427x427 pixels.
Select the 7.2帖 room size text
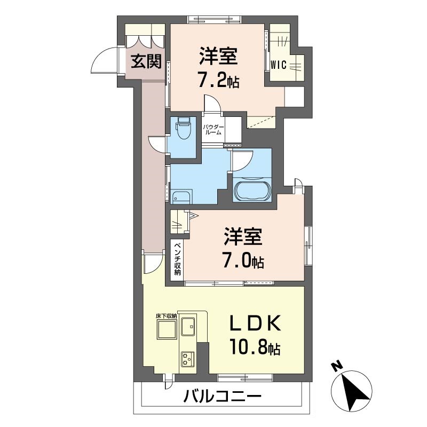[218, 82]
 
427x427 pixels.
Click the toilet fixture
[184, 128]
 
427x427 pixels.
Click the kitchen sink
[188, 325]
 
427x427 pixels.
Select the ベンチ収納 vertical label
[177, 259]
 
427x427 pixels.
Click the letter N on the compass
[336, 368]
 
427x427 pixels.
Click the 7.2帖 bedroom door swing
[211, 103]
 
